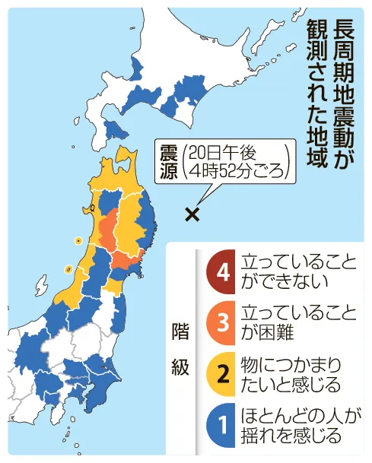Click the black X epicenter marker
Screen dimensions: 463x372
pyautogui.click(x=192, y=214)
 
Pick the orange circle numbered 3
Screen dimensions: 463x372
pyautogui.click(x=224, y=322)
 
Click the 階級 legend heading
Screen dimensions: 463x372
pyautogui.click(x=180, y=347)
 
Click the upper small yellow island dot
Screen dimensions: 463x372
pyautogui.click(x=78, y=240)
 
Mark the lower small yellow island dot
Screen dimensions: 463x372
pyautogui.click(x=68, y=268)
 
